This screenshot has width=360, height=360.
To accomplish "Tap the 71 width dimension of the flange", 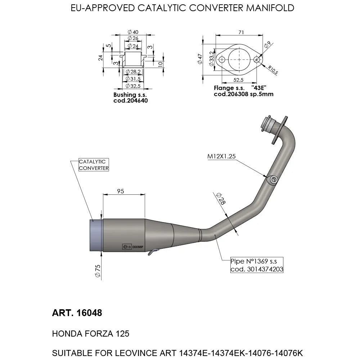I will [x=241, y=32].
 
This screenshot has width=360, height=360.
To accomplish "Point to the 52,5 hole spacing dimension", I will [x=238, y=80].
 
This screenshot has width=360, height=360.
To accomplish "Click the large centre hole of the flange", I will [x=239, y=59].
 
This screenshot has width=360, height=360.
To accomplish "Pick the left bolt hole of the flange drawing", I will [x=222, y=59].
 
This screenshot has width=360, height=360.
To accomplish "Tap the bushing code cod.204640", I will [x=130, y=101].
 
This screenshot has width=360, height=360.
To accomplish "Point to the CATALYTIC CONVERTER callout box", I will [x=93, y=165].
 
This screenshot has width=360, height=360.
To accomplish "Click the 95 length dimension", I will [x=121, y=191].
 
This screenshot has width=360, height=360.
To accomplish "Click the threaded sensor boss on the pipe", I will [x=273, y=179].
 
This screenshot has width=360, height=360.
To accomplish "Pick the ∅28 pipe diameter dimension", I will [x=221, y=199].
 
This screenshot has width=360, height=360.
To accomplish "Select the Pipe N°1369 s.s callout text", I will [x=257, y=261].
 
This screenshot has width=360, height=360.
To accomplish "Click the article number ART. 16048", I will [x=77, y=313].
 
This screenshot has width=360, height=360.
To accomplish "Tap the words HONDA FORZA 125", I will [x=91, y=334].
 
